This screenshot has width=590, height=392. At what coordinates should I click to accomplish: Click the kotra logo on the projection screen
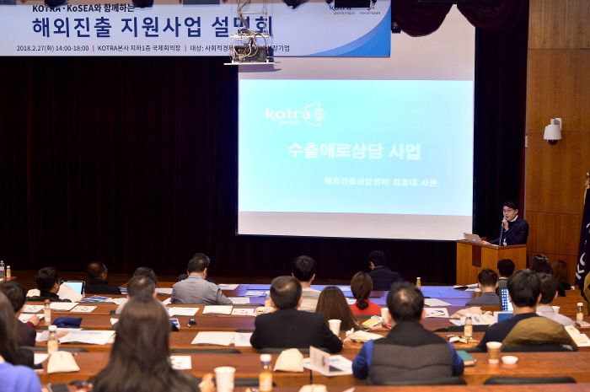click(295, 114)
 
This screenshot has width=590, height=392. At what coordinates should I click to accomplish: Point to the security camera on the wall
click(553, 132)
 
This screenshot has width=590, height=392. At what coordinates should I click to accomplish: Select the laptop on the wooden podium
click(474, 239)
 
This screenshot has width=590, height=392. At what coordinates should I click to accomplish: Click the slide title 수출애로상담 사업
click(354, 151)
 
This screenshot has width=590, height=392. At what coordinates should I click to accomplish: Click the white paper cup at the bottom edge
click(224, 379)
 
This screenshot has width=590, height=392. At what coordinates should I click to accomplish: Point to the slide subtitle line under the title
click(380, 181)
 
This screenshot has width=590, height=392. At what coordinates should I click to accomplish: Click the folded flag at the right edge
click(582, 236)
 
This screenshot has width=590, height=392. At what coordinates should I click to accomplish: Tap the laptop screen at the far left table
click(75, 287)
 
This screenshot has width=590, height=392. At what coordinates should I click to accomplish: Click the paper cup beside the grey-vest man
click(494, 351)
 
